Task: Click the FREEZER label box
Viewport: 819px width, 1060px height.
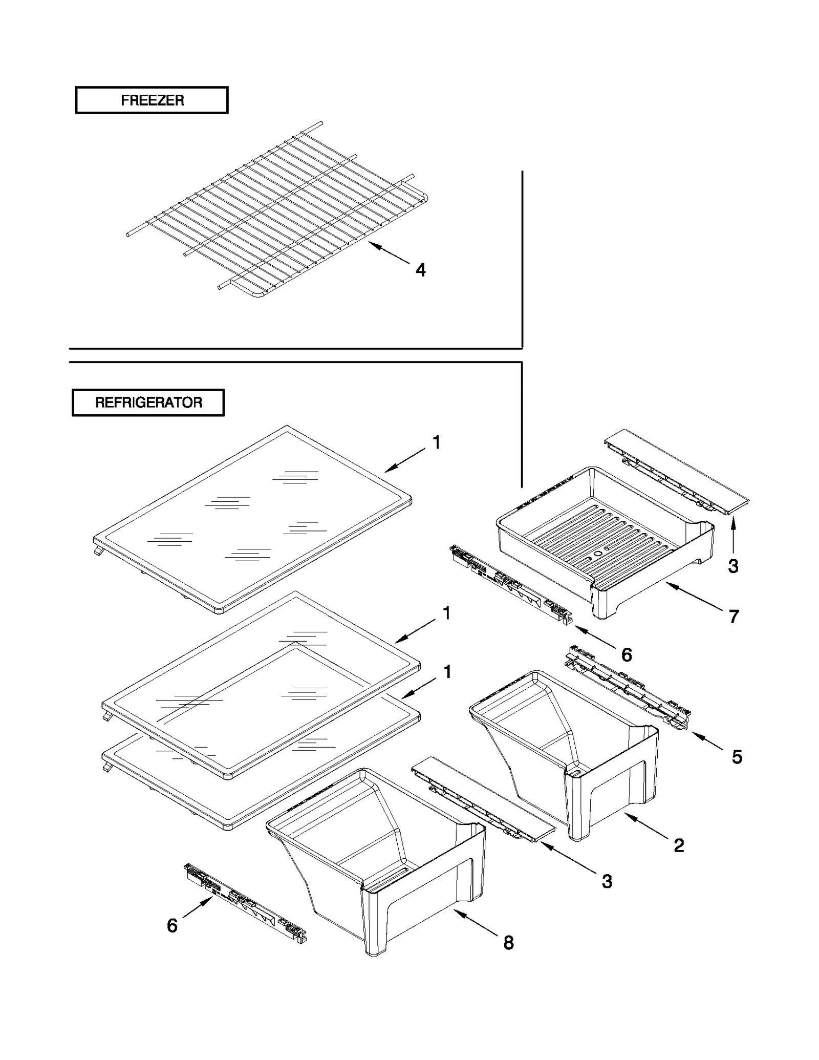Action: (x=152, y=100)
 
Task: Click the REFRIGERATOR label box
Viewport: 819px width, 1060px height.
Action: (x=148, y=402)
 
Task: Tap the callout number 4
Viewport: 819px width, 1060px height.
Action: (x=420, y=270)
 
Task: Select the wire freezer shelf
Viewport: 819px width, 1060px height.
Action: (x=276, y=210)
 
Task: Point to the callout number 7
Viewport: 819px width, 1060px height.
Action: (x=734, y=617)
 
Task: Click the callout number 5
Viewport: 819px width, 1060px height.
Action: (x=737, y=757)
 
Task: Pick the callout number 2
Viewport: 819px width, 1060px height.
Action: (x=679, y=845)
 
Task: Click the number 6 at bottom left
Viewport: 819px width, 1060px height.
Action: (x=173, y=925)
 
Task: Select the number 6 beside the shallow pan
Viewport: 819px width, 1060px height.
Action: (x=627, y=654)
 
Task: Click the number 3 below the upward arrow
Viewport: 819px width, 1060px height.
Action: (x=733, y=566)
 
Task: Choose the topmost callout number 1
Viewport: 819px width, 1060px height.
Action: (x=437, y=442)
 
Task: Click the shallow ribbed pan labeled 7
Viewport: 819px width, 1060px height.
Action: (x=604, y=543)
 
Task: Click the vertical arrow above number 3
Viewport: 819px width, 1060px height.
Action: (x=733, y=535)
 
